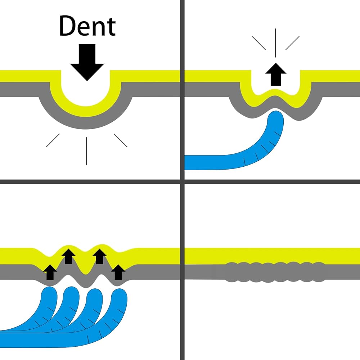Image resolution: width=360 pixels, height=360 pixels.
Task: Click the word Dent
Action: [87, 26]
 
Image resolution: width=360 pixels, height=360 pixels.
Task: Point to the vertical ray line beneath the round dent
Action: [86, 151]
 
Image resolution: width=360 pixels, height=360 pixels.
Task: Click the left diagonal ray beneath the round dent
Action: [53, 140]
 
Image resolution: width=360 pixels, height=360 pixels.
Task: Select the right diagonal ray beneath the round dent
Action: [121, 140]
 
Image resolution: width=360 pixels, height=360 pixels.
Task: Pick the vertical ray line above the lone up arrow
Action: [276, 42]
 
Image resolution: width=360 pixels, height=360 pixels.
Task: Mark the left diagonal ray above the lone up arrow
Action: [259, 43]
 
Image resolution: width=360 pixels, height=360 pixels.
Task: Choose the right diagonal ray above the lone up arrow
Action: [292, 43]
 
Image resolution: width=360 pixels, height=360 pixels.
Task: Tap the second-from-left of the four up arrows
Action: [68, 256]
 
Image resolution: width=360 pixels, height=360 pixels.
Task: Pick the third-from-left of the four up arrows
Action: [99, 256]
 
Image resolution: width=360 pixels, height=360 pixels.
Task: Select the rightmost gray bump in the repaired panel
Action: [318, 272]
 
